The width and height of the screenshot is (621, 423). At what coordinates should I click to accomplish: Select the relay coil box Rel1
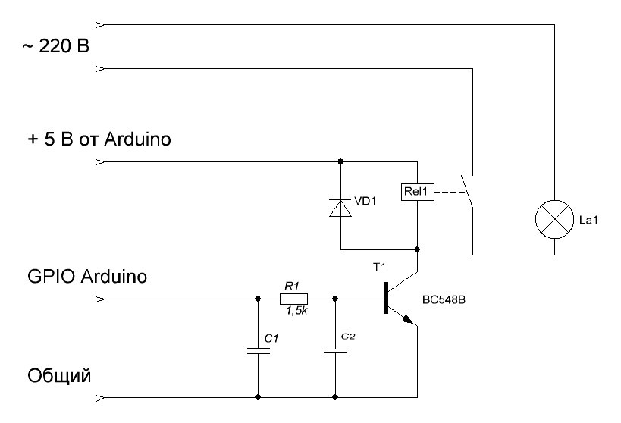pyautogui.click(x=418, y=192)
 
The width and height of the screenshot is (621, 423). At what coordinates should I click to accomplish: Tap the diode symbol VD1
pyautogui.click(x=340, y=208)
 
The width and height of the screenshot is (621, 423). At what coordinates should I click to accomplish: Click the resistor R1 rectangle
pyautogui.click(x=293, y=299)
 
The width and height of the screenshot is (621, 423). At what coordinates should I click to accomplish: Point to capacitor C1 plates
pyautogui.click(x=259, y=350)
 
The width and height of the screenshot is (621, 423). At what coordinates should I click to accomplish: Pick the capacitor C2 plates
pyautogui.click(x=335, y=350)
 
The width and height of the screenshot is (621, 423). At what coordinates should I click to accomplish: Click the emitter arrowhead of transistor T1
pyautogui.click(x=407, y=319)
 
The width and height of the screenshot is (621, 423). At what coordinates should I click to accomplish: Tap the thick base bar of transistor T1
pyautogui.click(x=386, y=298)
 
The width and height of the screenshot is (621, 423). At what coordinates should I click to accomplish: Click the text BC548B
pyautogui.click(x=444, y=300)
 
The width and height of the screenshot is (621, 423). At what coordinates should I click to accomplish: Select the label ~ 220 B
pyautogui.click(x=56, y=47)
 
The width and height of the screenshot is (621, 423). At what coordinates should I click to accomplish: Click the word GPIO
pyautogui.click(x=51, y=276)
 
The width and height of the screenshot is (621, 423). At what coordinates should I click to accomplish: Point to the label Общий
pyautogui.click(x=59, y=376)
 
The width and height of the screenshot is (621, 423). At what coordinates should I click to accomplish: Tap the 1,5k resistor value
pyautogui.click(x=296, y=312)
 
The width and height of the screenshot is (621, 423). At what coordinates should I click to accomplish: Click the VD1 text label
pyautogui.click(x=365, y=201)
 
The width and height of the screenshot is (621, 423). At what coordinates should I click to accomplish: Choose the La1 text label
pyautogui.click(x=588, y=220)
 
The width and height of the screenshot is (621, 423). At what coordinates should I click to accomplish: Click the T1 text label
pyautogui.click(x=379, y=268)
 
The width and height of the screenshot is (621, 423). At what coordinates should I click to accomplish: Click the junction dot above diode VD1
pyautogui.click(x=340, y=161)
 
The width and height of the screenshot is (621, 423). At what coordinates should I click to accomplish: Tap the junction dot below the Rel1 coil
pyautogui.click(x=417, y=249)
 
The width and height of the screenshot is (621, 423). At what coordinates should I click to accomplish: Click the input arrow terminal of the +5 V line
pyautogui.click(x=101, y=161)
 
